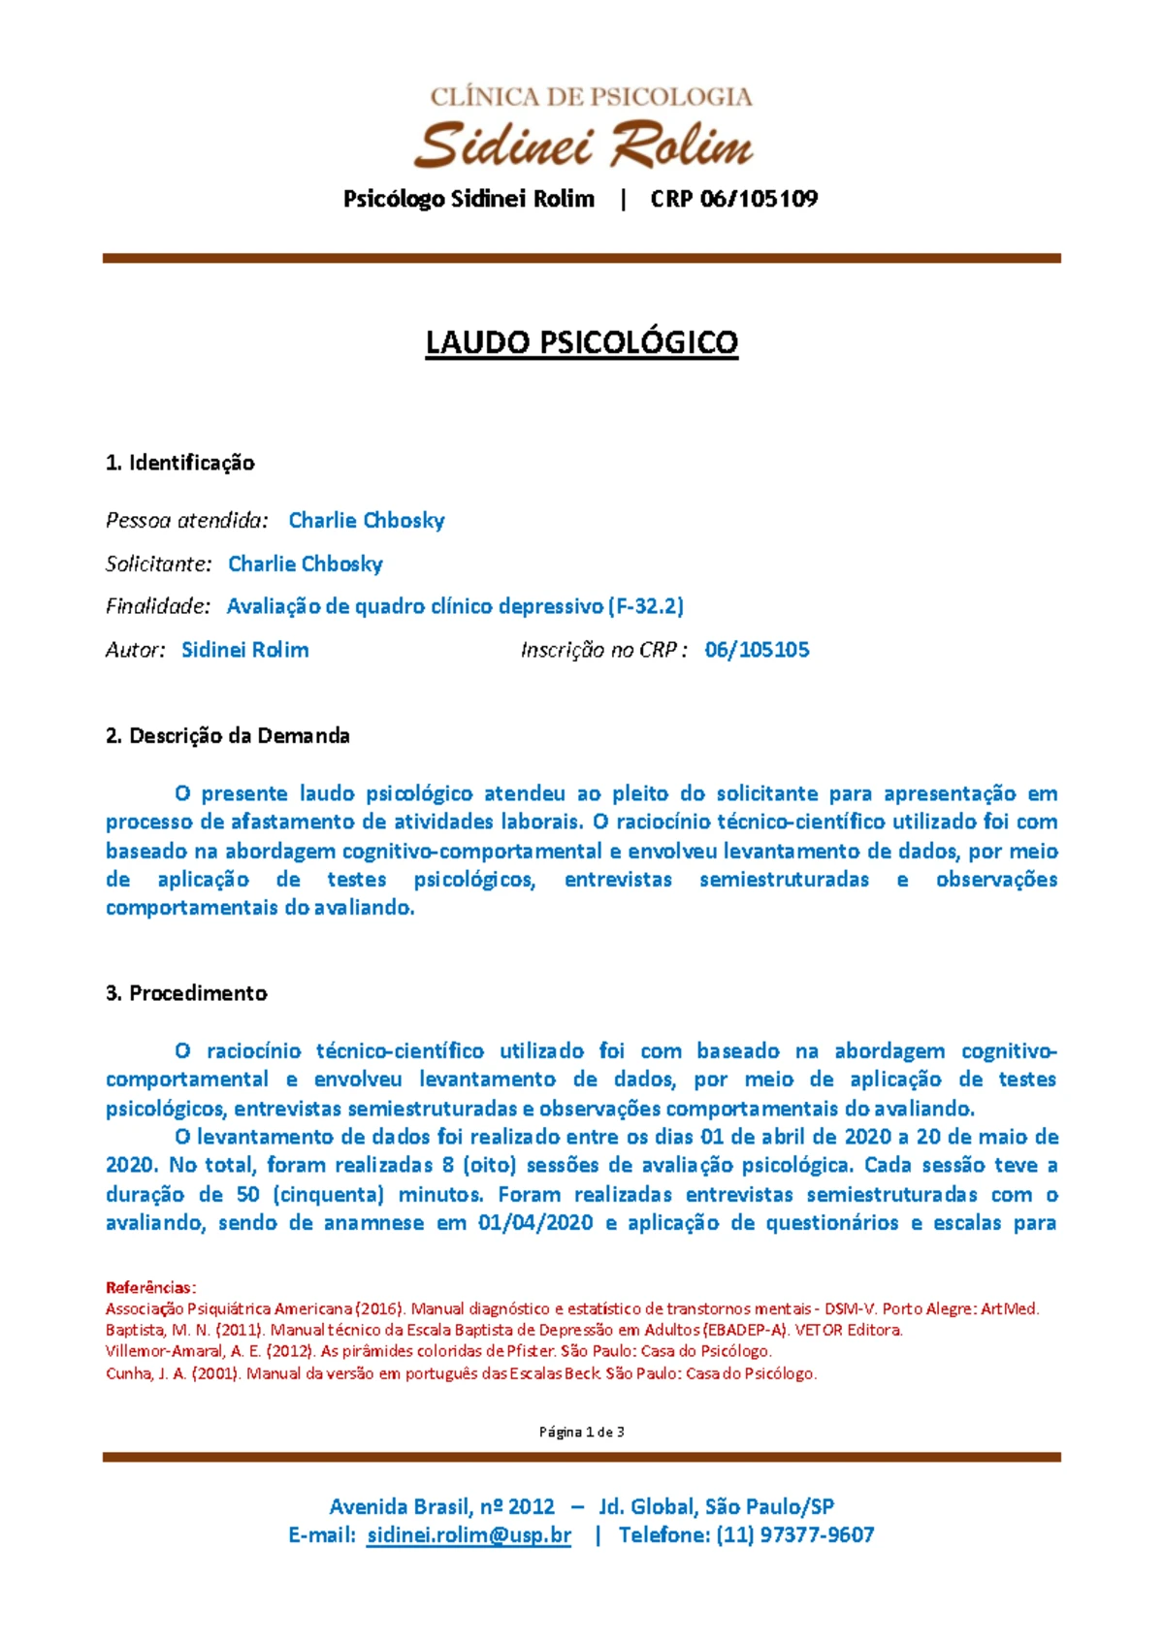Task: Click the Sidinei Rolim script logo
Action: [x=583, y=145]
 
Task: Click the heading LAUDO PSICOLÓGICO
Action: [x=582, y=342]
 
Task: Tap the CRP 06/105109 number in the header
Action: [x=733, y=199]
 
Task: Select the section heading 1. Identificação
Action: [x=180, y=463]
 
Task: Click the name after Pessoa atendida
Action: [x=367, y=520]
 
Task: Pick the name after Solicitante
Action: [x=306, y=564]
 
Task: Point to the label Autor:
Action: [x=135, y=650]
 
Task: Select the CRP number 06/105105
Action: [x=757, y=650]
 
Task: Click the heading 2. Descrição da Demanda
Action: [x=228, y=735]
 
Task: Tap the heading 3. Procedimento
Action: [x=186, y=993]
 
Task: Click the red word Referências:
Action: [x=150, y=1287]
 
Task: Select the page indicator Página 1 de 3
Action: [x=582, y=1432]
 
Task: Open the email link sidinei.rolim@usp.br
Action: [x=469, y=1534]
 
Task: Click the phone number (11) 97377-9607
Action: [x=794, y=1534]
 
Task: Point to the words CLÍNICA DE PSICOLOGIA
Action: [x=592, y=96]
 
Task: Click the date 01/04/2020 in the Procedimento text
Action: [x=535, y=1222]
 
